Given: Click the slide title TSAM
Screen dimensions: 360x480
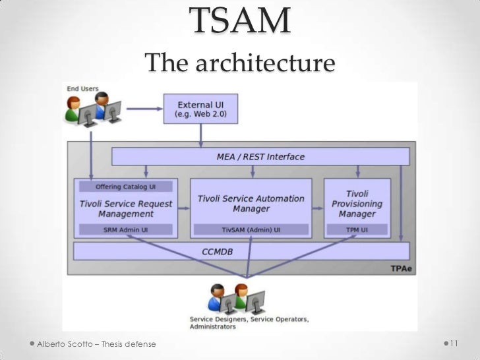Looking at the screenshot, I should [x=241, y=21].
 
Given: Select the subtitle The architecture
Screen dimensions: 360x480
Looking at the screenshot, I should [x=241, y=64].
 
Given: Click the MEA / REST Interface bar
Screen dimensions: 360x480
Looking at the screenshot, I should [x=260, y=157].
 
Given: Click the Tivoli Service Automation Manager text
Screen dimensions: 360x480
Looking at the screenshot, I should [x=251, y=203].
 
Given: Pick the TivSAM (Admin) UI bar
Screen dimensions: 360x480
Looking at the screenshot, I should [x=251, y=229].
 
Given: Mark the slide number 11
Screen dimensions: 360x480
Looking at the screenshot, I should [x=454, y=344].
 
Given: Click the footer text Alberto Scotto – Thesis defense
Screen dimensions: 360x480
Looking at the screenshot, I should [x=97, y=344].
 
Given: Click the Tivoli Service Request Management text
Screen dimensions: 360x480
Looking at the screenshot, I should [x=126, y=208].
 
